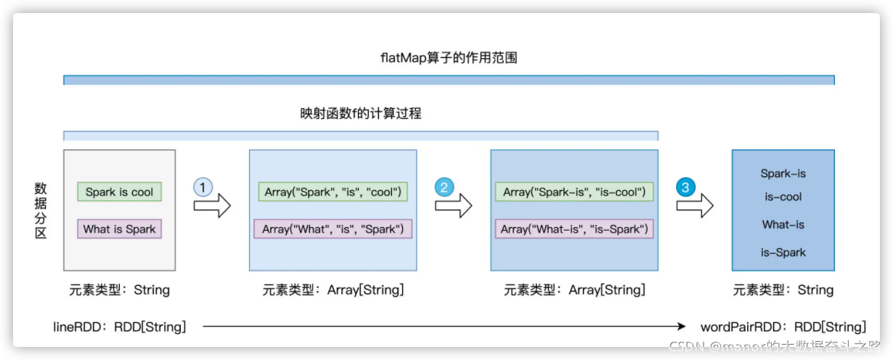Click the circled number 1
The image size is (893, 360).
(x=203, y=187)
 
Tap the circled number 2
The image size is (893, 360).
(x=444, y=187)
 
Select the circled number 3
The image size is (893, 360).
(x=685, y=187)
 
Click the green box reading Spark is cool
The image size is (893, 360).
(x=120, y=192)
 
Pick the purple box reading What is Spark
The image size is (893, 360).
(x=120, y=229)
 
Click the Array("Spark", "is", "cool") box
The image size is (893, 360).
(x=333, y=192)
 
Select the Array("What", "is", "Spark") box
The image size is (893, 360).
(x=333, y=229)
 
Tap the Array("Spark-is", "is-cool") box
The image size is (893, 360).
(x=574, y=192)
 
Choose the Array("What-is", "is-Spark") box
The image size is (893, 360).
(x=574, y=229)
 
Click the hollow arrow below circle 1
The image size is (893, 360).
(x=212, y=206)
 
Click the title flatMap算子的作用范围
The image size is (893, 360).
(x=449, y=58)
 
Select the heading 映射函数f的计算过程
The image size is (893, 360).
(x=361, y=113)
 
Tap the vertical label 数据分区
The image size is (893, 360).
(x=41, y=210)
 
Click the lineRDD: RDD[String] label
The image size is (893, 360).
(x=120, y=327)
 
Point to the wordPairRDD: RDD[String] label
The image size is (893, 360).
(x=783, y=327)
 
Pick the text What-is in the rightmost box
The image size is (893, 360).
(x=783, y=225)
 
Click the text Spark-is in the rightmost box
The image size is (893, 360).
(x=783, y=174)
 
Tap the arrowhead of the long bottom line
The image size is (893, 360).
(x=682, y=327)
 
